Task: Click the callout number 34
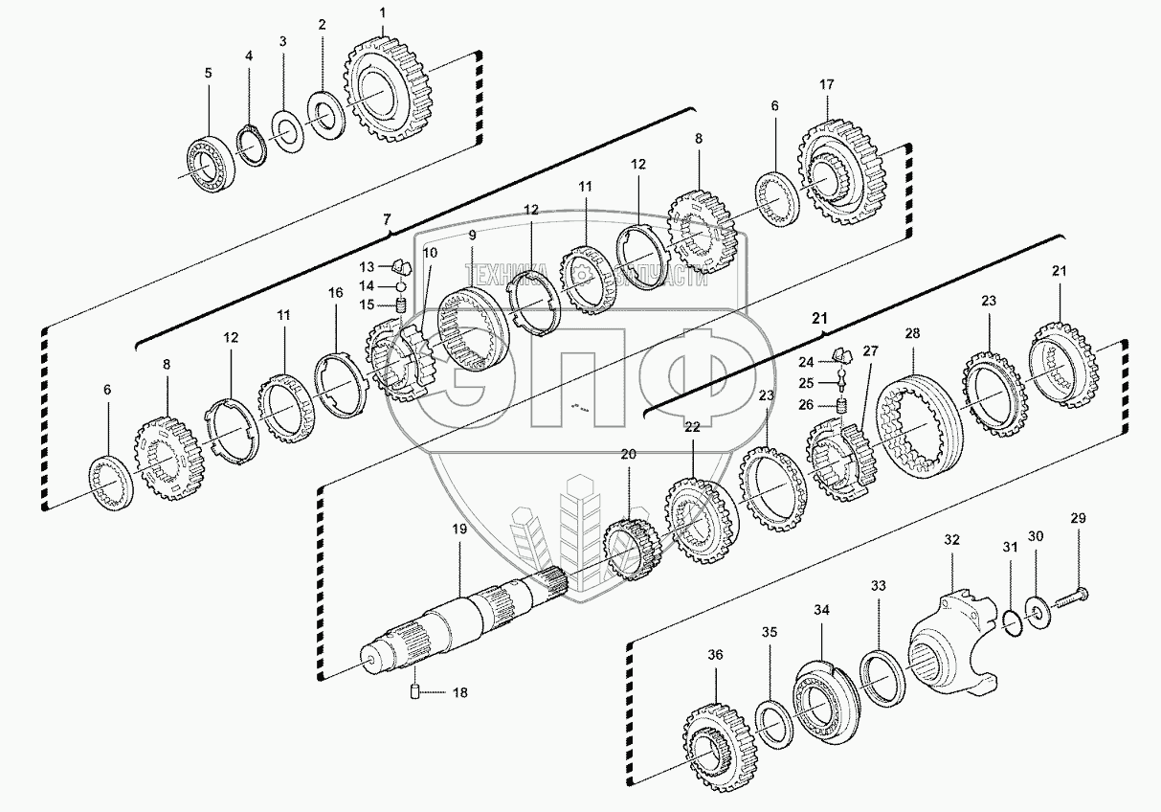pos(820,609)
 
